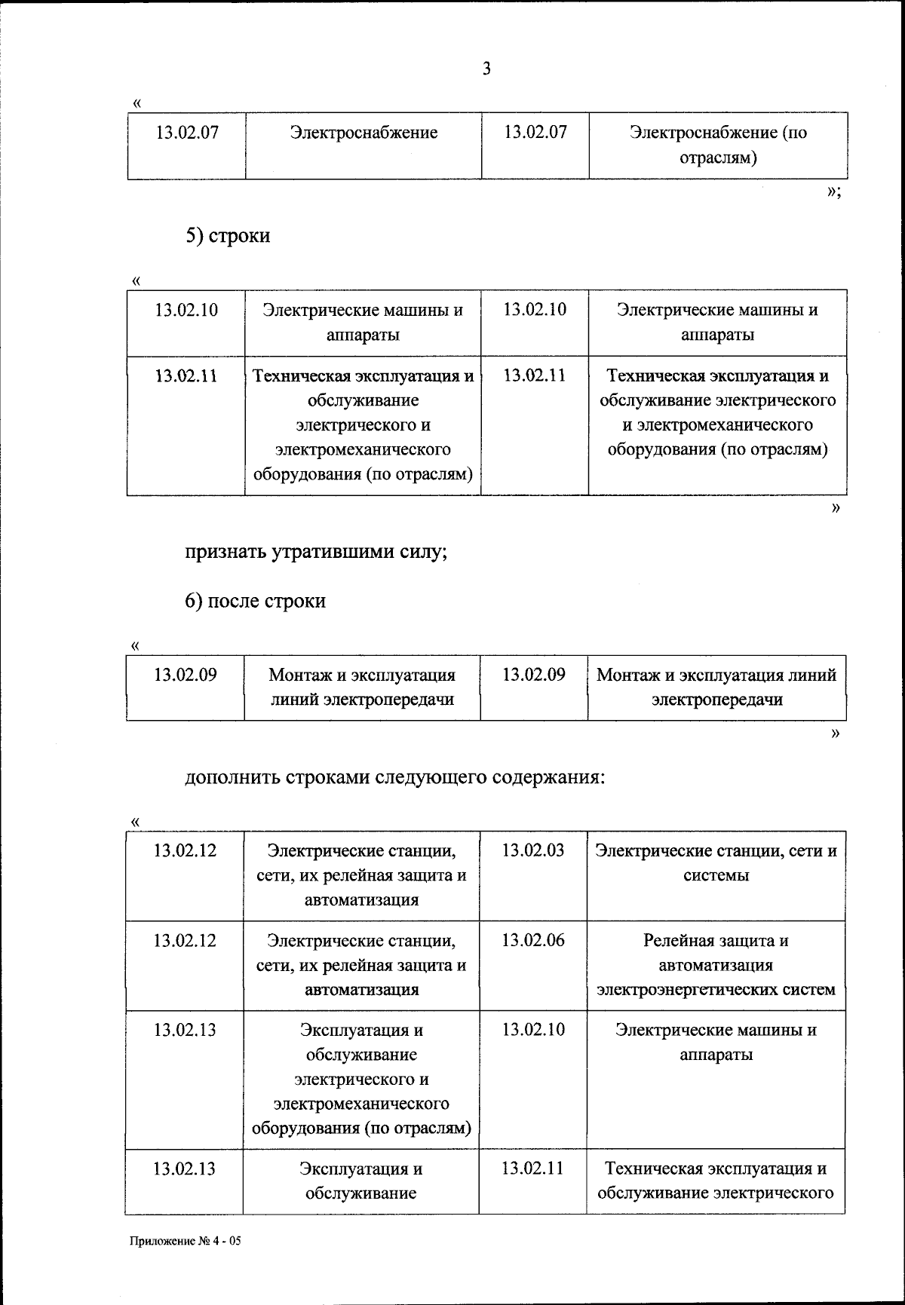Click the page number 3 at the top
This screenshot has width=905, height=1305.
coord(486,69)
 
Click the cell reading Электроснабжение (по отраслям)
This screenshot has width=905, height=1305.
coord(718,146)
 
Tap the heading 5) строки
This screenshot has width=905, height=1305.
coord(228,236)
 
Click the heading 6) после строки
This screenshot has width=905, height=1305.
coord(256,601)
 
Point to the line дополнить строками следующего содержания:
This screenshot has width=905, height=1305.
coord(395,777)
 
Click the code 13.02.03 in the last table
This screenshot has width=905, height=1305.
coord(532,850)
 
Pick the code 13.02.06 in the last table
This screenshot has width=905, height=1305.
coord(532,940)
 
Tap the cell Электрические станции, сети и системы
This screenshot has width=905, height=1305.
coord(716,863)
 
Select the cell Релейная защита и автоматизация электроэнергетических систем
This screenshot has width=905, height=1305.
coord(716,965)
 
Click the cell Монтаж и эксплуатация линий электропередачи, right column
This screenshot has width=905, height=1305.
coord(716,687)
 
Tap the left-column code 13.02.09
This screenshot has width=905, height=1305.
coord(186,675)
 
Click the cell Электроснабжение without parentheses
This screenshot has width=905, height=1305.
coord(364,133)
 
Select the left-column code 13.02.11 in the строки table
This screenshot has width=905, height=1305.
coord(186,375)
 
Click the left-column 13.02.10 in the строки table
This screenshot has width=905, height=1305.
coord(186,310)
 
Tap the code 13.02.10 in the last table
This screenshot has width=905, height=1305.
coord(532,1030)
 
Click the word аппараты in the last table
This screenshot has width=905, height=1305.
coord(716,1055)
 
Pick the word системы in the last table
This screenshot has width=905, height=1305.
coord(716,876)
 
